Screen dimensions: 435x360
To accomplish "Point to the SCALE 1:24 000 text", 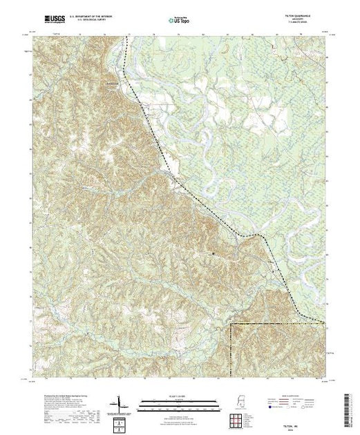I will [x=178, y=395].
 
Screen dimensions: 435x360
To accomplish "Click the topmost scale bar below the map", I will [x=178, y=400].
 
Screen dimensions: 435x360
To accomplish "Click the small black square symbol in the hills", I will [x=214, y=254].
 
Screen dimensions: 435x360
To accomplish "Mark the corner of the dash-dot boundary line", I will [x=230, y=323].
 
